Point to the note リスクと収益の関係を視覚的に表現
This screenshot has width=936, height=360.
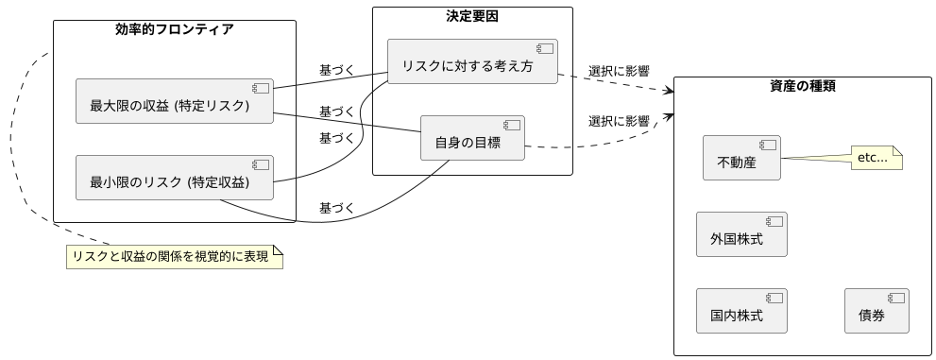click(x=175, y=257)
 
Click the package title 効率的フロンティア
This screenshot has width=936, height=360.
click(x=175, y=29)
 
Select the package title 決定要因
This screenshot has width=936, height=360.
click(x=472, y=15)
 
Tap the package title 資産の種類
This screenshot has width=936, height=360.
click(x=802, y=87)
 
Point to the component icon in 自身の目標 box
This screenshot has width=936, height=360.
click(x=511, y=126)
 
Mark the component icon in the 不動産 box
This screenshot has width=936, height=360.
click(x=767, y=146)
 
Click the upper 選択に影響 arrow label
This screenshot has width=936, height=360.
click(x=619, y=71)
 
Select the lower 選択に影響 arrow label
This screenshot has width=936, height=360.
click(x=619, y=121)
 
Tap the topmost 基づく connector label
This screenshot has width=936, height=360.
click(x=337, y=70)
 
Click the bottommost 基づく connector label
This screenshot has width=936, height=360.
click(x=337, y=208)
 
